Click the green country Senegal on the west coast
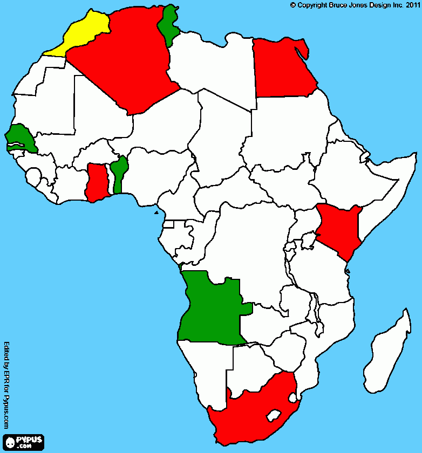(22, 138)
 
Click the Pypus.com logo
(23, 442)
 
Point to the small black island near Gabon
(156, 212)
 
